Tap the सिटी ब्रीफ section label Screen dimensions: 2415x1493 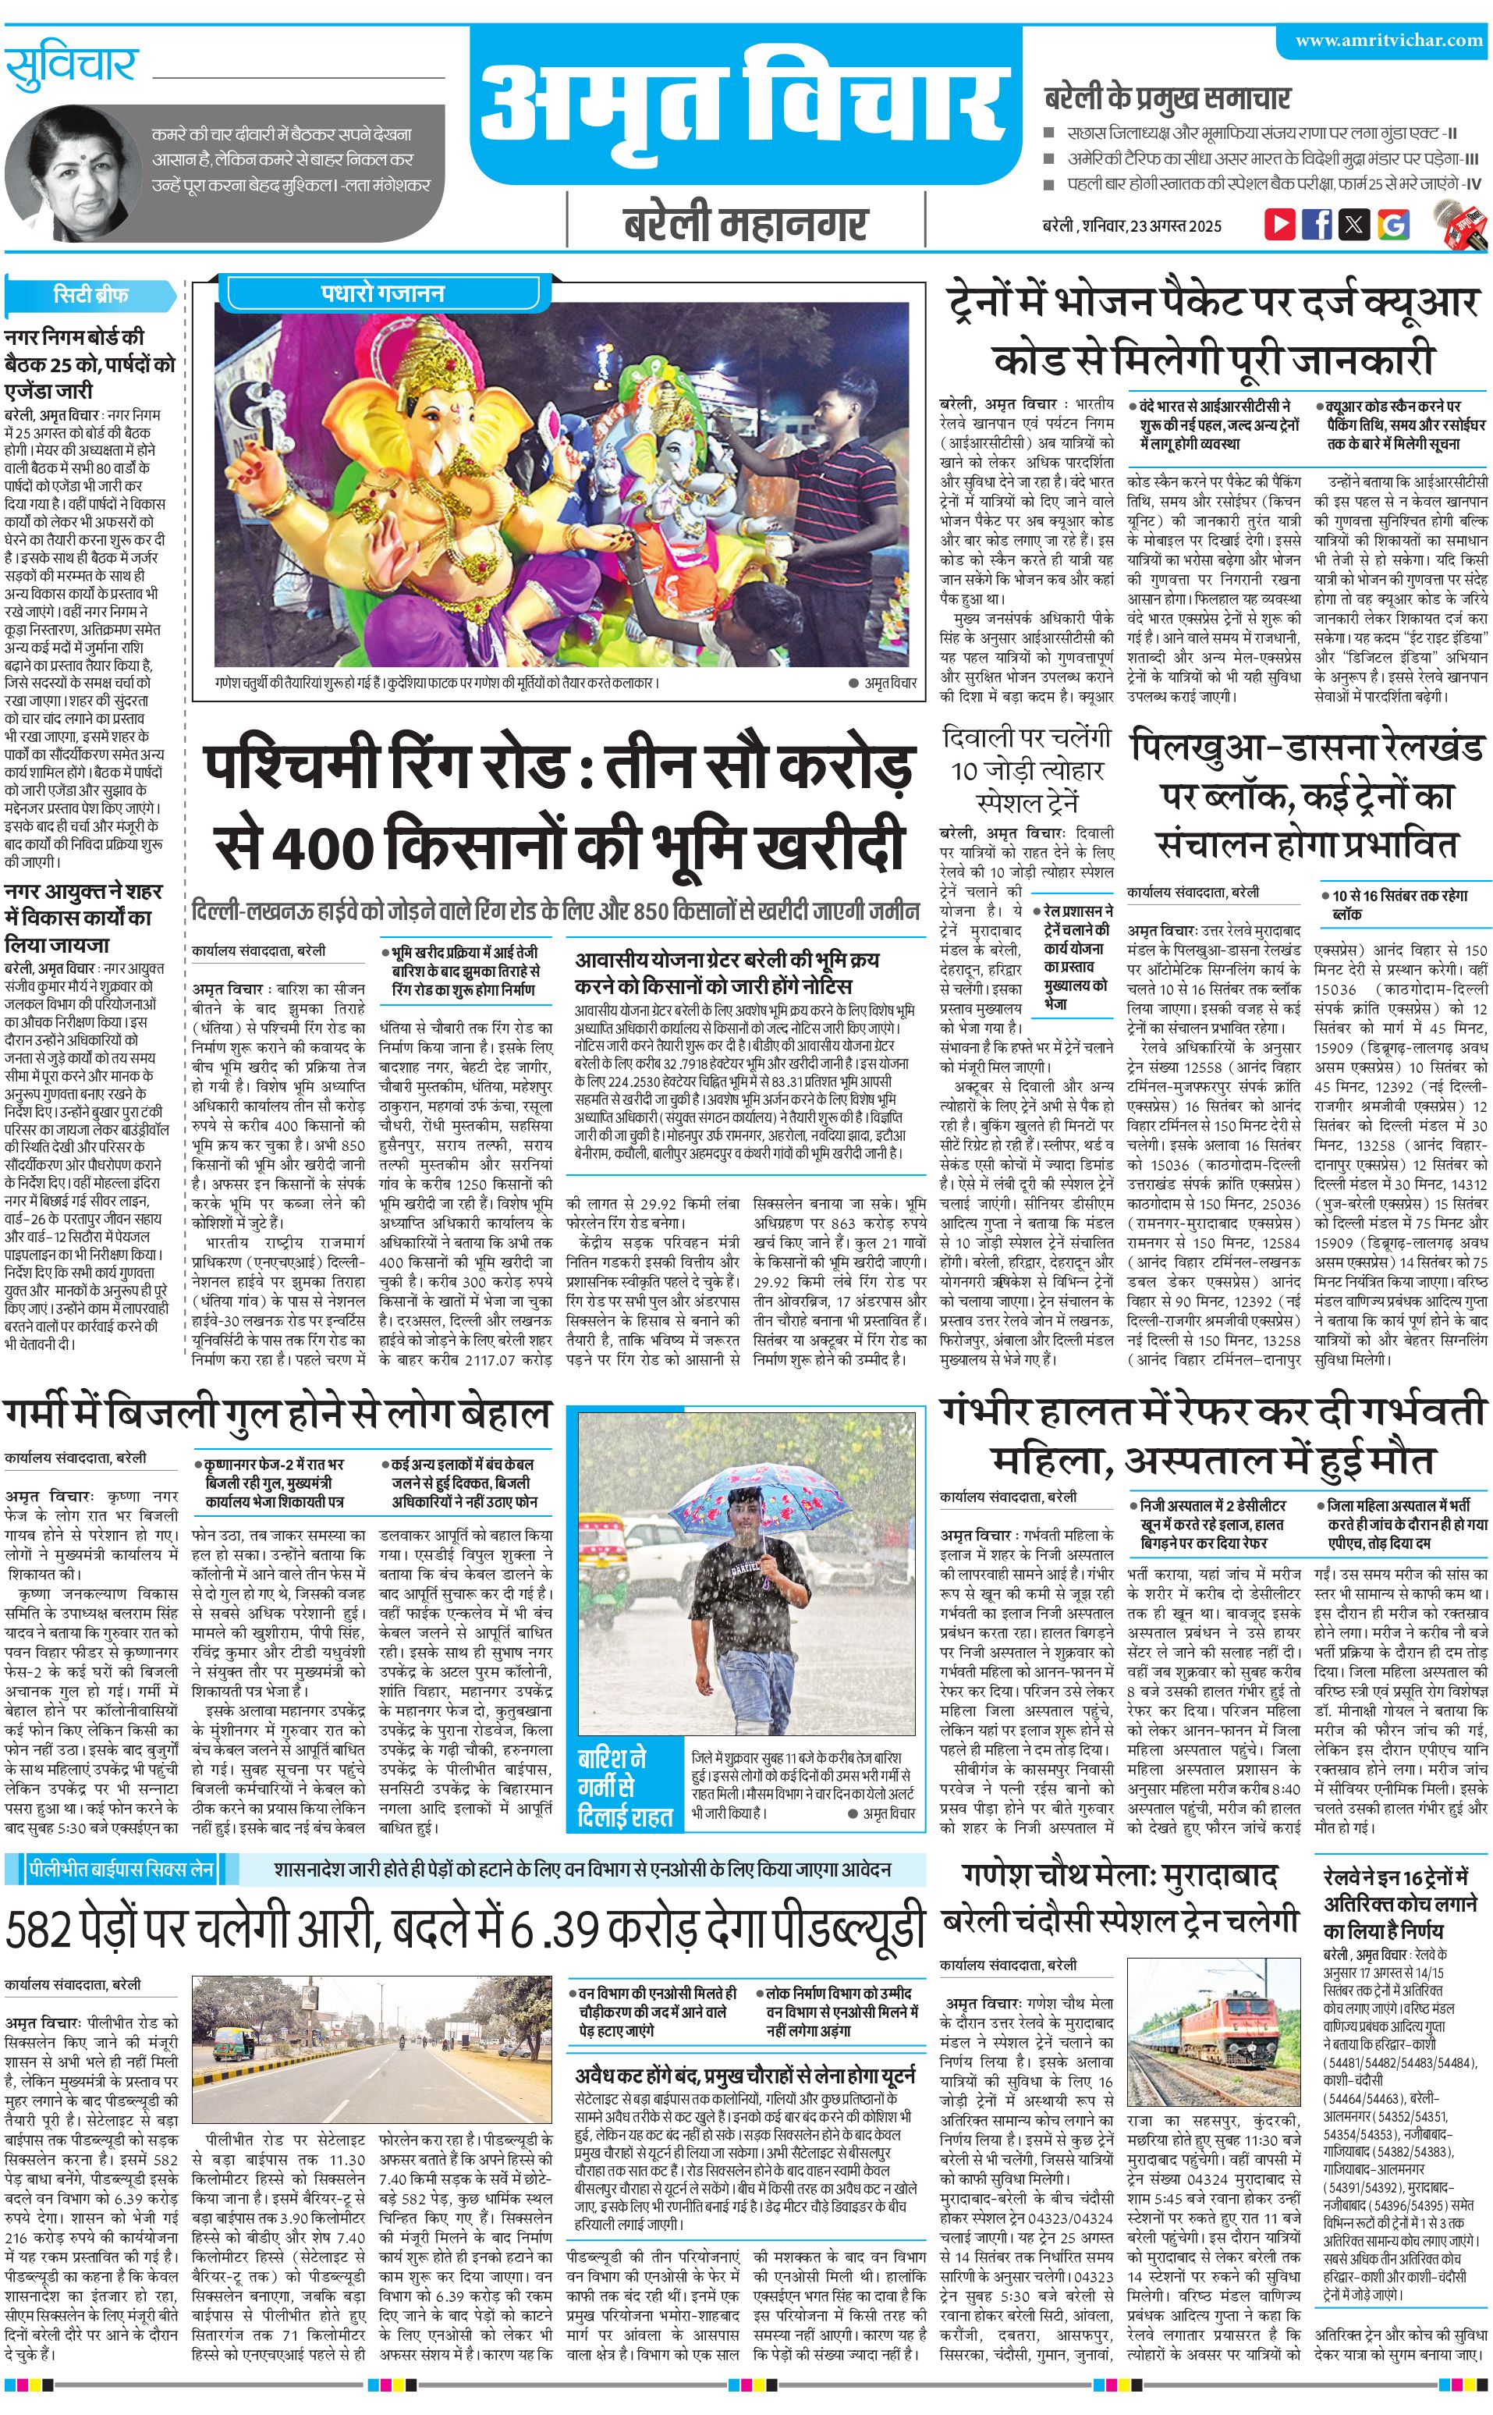pyautogui.click(x=90, y=294)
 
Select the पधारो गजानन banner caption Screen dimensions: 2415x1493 pyautogui.click(x=383, y=293)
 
